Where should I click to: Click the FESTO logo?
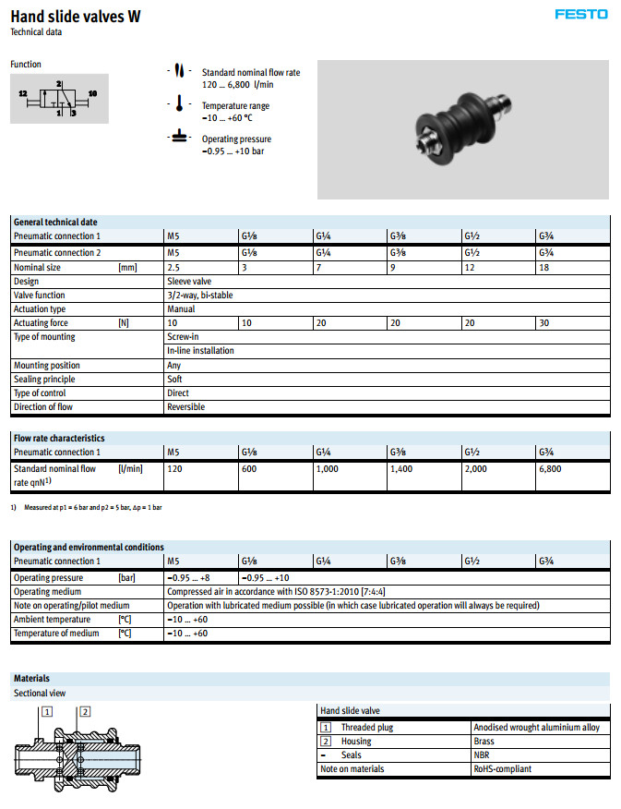[x=581, y=14]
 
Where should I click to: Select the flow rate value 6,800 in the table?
[x=552, y=469]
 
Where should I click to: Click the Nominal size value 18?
[x=544, y=266]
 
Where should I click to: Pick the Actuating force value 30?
[x=544, y=323]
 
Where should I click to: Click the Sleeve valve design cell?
[x=189, y=281]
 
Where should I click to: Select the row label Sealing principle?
[x=44, y=379]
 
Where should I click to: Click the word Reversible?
[x=185, y=406]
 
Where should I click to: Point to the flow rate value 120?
[x=174, y=469]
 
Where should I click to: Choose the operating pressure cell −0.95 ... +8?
[x=188, y=577]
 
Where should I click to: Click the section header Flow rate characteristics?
[x=59, y=438]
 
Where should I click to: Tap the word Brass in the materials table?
[x=484, y=741]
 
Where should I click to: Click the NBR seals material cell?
[x=483, y=755]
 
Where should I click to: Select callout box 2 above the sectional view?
[x=85, y=710]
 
